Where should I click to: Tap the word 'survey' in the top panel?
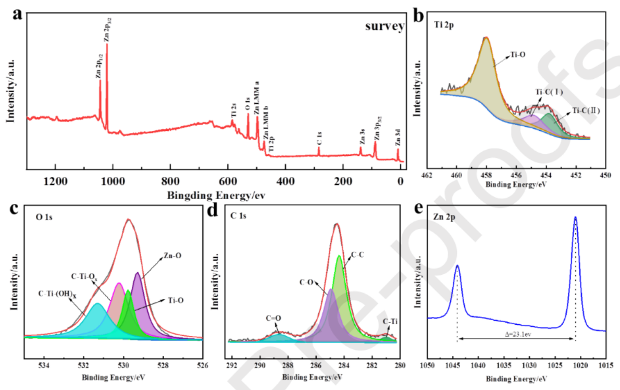point(383,27)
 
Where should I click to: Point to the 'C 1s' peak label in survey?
point(319,138)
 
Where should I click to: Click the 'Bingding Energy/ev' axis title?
point(218,196)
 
